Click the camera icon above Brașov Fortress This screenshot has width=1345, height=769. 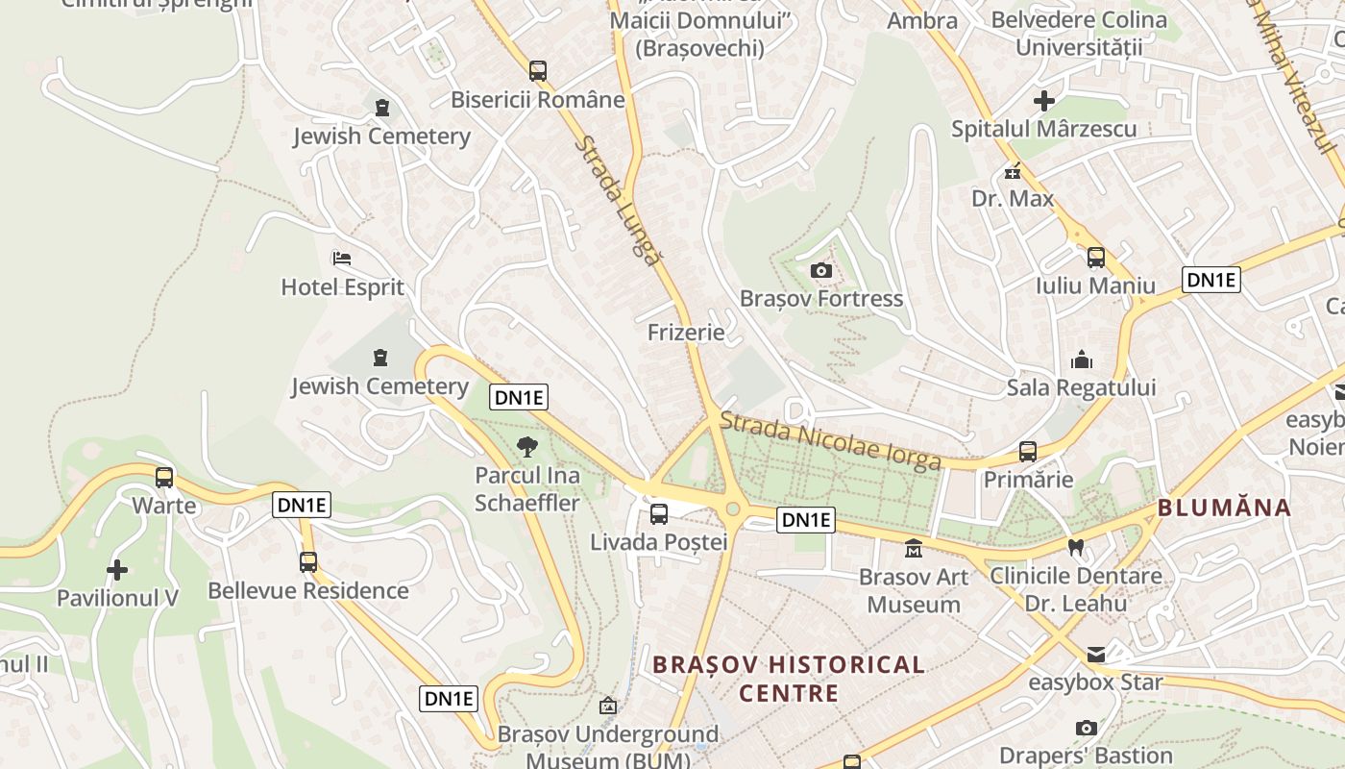820,270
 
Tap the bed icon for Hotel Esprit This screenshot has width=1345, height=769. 341,259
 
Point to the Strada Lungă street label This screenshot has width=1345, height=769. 619,200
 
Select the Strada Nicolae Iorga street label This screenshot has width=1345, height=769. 830,441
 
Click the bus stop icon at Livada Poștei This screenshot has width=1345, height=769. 659,513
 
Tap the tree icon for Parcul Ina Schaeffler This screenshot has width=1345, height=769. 526,446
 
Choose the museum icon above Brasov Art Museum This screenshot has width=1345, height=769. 913,549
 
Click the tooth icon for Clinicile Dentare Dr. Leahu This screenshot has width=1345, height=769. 1076,547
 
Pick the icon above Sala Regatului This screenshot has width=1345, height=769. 1082,360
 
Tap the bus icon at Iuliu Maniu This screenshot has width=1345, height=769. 1095,258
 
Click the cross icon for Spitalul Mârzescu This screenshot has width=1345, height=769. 1044,100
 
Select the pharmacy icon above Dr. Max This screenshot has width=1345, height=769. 1013,172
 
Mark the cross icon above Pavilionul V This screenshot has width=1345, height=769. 117,570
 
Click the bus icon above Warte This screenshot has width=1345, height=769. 164,477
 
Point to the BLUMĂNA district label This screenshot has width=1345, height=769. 1224,508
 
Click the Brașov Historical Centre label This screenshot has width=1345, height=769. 788,678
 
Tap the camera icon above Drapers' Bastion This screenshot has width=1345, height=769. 1087,728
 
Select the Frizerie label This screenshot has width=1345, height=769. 686,333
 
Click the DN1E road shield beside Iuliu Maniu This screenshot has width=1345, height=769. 1210,280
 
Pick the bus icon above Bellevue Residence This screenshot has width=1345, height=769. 308,561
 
